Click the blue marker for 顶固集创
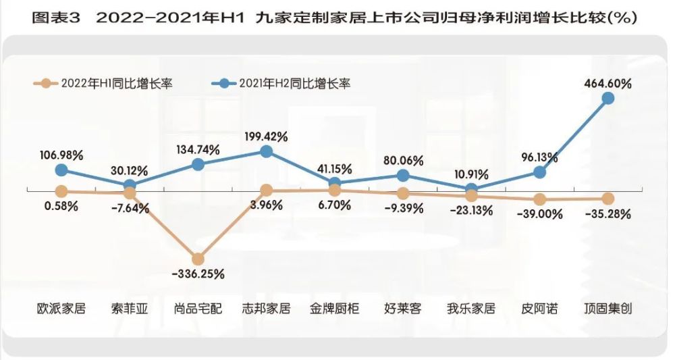[607, 98]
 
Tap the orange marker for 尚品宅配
[198, 259]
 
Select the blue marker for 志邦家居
[266, 152]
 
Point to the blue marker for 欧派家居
[61, 170]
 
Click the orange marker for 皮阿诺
[539, 199]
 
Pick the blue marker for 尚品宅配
[198, 164]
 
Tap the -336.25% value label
[198, 274]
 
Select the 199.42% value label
[266, 136]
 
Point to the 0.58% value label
[61, 206]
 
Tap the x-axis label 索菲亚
[130, 309]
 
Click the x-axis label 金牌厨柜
[335, 309]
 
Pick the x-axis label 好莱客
[403, 309]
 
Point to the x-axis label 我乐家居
[471, 309]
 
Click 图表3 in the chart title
[56, 18]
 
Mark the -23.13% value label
[471, 210]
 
